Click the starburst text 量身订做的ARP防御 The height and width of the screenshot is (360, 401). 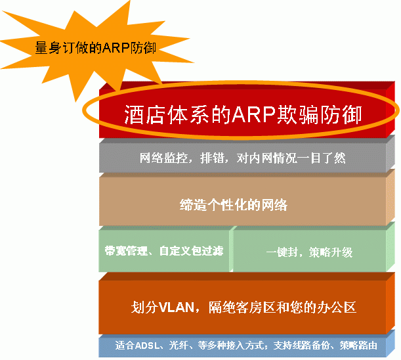tap(95, 47)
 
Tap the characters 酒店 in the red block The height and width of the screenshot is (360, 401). tap(144, 114)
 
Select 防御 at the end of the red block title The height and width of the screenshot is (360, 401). tap(341, 114)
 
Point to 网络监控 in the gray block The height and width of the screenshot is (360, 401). tap(163, 158)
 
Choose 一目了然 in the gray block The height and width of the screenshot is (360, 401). tap(322, 158)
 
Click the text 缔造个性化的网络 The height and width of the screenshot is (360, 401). tap(234, 205)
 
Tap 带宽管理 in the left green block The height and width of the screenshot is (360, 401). tap(126, 251)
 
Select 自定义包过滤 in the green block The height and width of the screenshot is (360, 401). tap(191, 251)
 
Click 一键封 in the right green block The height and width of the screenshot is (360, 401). tap(282, 252)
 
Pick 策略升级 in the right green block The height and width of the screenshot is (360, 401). tap(331, 252)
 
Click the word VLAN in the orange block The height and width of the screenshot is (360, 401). tap(177, 307)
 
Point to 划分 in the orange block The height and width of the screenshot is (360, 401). tap(144, 307)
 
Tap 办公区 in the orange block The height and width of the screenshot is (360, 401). tap(337, 307)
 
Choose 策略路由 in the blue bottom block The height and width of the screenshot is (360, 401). tap(358, 346)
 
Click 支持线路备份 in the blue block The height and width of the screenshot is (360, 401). tap(301, 346)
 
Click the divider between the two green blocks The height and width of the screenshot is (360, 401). tap(231, 249)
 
